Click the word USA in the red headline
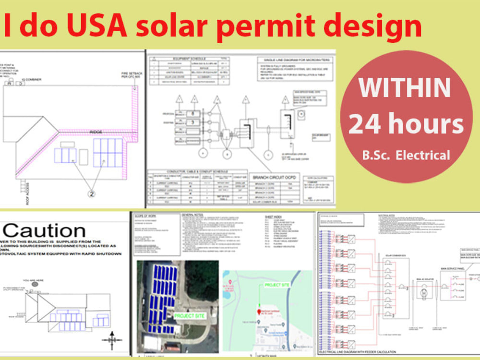[x=91, y=27]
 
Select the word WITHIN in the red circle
[x=405, y=87]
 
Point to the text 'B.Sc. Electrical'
[x=406, y=155]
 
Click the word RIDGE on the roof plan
[x=96, y=132]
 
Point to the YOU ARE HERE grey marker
[x=35, y=284]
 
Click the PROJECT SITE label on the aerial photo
[x=188, y=316]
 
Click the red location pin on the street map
[x=258, y=306]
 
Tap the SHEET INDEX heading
[x=275, y=217]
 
